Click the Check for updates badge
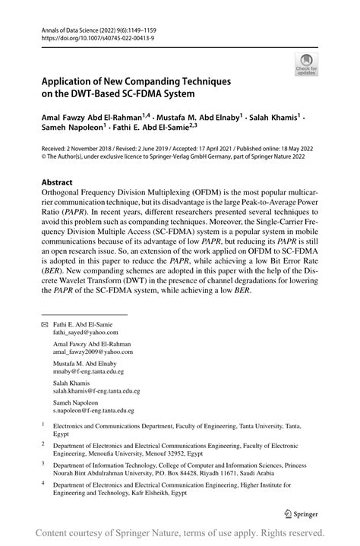pyautogui.click(x=306, y=64)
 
